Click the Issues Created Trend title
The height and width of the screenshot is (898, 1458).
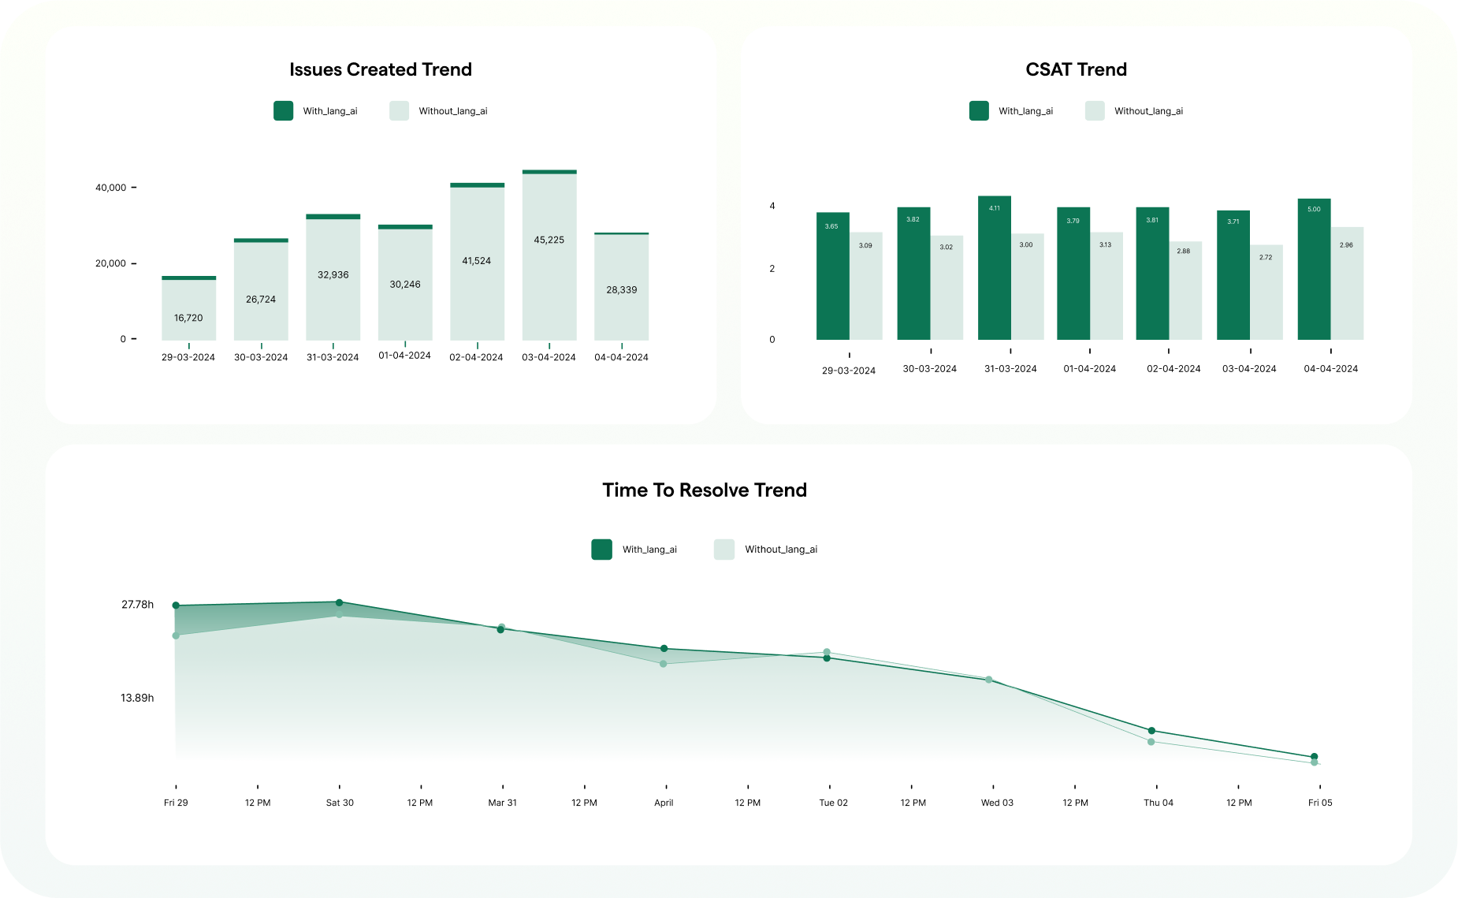(x=381, y=69)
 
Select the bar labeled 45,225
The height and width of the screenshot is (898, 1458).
(x=549, y=256)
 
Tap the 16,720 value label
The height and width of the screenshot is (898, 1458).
(x=188, y=318)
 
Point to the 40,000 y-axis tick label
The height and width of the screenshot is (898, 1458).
(x=110, y=188)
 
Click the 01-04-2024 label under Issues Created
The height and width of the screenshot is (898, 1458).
(x=404, y=356)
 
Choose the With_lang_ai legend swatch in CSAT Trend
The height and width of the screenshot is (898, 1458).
(x=979, y=111)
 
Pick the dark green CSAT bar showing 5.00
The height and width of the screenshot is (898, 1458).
(x=1314, y=269)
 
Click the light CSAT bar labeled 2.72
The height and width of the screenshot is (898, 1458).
(x=1266, y=292)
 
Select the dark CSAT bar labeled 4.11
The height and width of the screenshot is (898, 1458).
(x=994, y=268)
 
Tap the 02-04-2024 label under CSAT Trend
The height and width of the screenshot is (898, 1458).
(x=1173, y=369)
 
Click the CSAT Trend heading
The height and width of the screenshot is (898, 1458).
(x=1076, y=69)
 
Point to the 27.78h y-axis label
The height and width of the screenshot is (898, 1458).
(x=137, y=605)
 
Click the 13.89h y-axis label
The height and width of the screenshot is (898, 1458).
(x=137, y=698)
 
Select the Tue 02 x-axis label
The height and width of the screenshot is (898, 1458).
(x=833, y=803)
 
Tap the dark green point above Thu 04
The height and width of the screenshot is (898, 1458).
(x=1151, y=731)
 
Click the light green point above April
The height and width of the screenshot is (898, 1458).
(x=664, y=664)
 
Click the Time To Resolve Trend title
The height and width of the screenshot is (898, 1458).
(x=705, y=490)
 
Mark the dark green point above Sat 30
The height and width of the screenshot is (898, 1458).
(x=339, y=603)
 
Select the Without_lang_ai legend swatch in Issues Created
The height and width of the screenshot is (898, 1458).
(x=399, y=111)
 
